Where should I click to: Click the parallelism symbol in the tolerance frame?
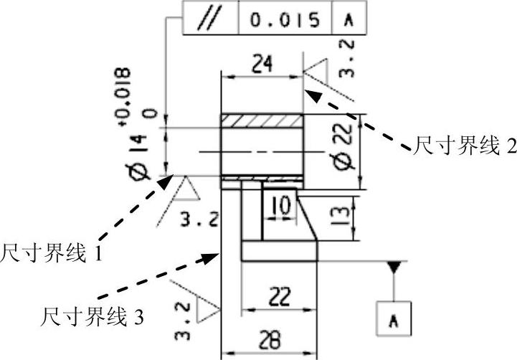tap(209, 19)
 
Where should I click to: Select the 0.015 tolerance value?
tap(285, 19)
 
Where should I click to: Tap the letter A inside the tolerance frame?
tap(349, 19)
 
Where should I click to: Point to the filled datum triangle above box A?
tap(394, 267)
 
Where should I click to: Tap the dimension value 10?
tap(280, 206)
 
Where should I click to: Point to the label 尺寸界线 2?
tap(463, 146)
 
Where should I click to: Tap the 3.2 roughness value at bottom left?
tap(184, 321)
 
